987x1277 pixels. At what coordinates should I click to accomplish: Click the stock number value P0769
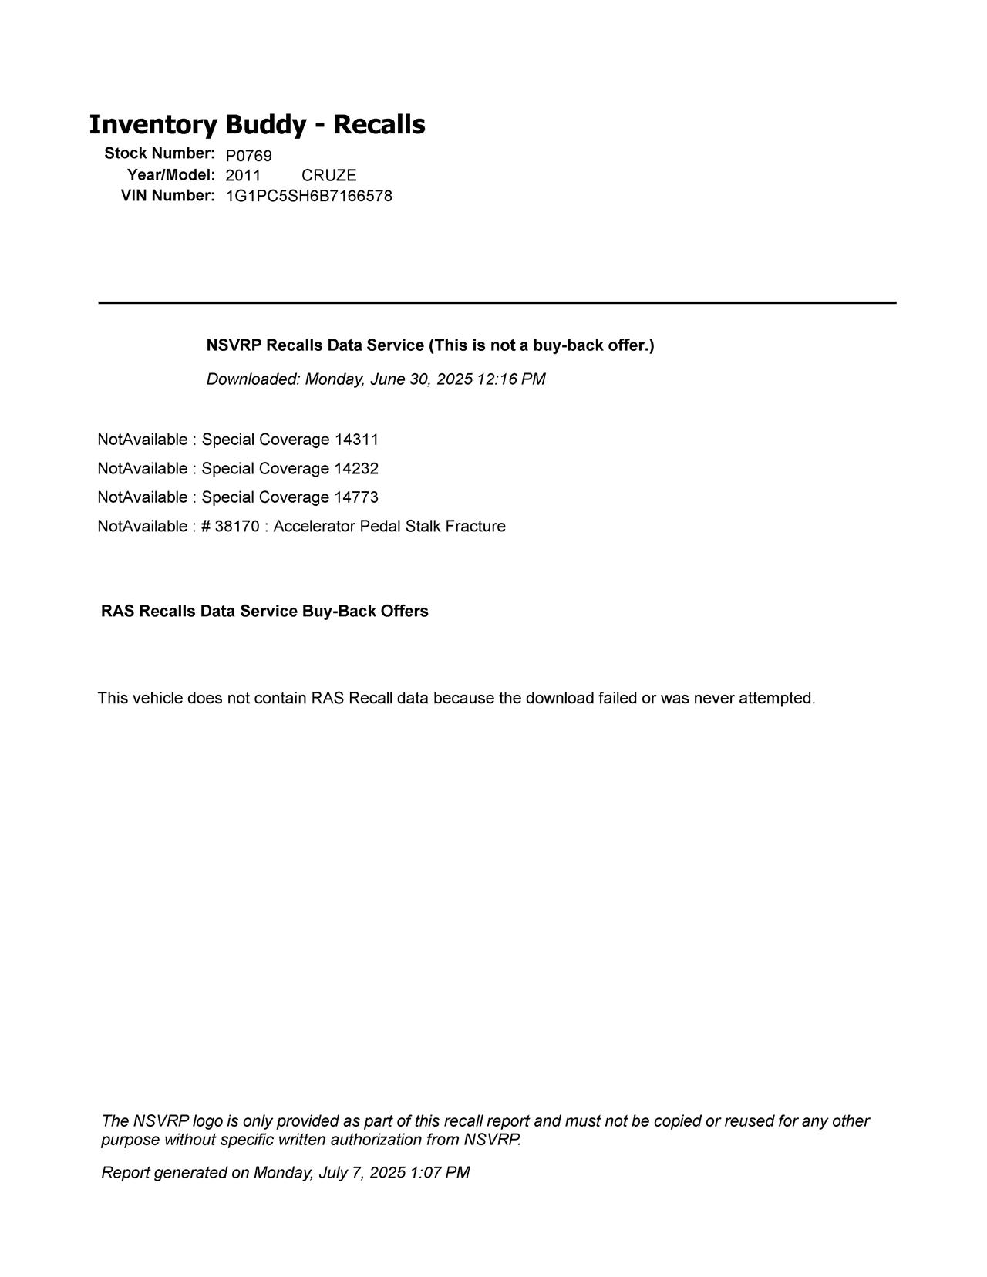(x=248, y=156)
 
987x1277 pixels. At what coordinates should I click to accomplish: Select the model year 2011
(x=243, y=175)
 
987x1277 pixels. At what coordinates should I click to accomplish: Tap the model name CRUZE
(x=328, y=175)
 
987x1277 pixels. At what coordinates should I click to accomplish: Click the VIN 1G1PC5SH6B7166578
(x=308, y=196)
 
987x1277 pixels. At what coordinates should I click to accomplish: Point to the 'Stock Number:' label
(x=160, y=153)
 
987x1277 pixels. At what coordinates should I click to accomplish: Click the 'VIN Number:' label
(x=167, y=195)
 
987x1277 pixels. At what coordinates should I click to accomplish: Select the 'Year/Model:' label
(x=171, y=174)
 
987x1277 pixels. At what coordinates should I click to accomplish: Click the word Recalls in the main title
(x=379, y=124)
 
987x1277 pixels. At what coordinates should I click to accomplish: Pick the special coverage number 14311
(x=356, y=440)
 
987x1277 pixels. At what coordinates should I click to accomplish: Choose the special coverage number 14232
(x=356, y=469)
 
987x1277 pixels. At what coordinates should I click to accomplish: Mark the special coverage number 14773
(x=356, y=497)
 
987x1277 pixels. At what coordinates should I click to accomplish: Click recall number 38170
(x=237, y=527)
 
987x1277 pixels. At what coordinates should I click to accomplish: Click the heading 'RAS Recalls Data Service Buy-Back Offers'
(x=264, y=612)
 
